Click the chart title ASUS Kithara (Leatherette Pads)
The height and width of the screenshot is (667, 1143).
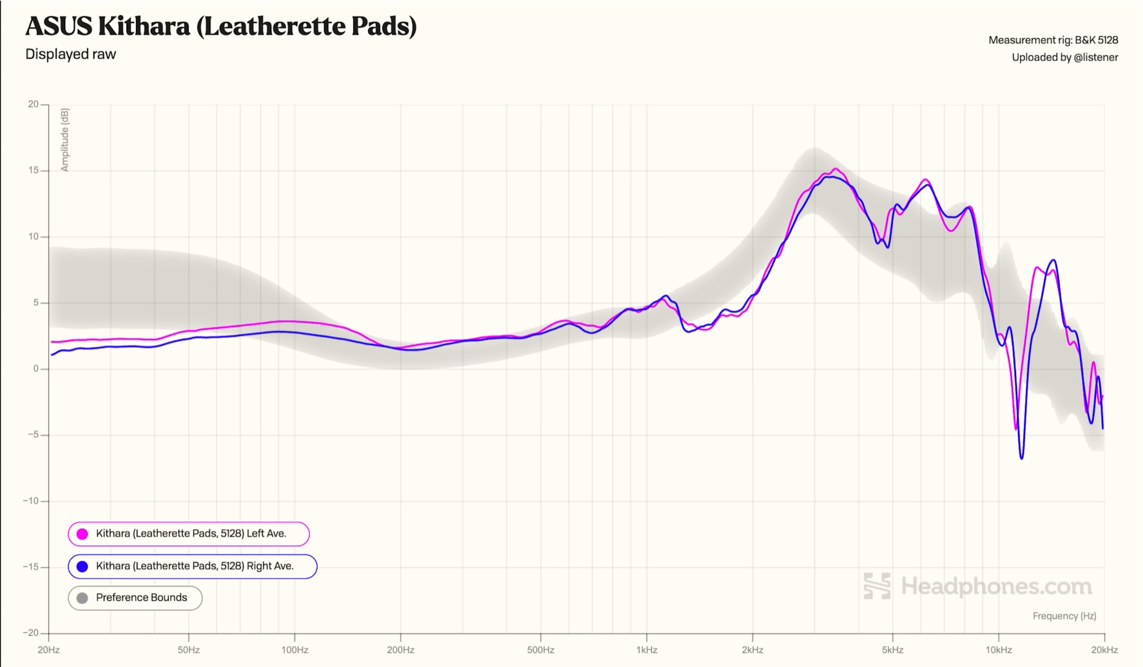(221, 26)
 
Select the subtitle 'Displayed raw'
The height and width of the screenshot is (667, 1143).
(71, 54)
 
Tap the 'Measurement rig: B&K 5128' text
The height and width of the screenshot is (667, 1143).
(1053, 40)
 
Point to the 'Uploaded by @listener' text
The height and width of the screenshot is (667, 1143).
(1064, 57)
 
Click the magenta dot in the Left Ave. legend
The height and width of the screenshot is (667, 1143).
(82, 534)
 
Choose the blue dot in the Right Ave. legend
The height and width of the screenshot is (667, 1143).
(82, 567)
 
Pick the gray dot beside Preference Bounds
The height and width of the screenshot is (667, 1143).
(82, 598)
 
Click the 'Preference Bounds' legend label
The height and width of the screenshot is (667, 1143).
(142, 597)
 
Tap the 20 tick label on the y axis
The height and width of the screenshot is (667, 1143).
(33, 104)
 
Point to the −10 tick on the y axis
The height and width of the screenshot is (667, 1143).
(31, 501)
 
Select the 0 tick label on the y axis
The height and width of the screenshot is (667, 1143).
(36, 369)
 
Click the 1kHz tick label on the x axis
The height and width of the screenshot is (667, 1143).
(646, 650)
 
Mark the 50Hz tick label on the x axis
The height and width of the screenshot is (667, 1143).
(188, 650)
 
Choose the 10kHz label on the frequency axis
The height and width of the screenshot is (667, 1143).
(998, 650)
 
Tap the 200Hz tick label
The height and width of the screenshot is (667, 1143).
(400, 650)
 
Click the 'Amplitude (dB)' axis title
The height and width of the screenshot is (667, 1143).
(64, 140)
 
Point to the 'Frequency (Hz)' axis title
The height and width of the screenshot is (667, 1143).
(1064, 616)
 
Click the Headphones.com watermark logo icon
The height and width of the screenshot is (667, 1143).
(877, 586)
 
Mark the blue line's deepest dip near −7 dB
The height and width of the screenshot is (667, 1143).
(1022, 458)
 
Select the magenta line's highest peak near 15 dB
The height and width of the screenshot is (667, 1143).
(836, 169)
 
